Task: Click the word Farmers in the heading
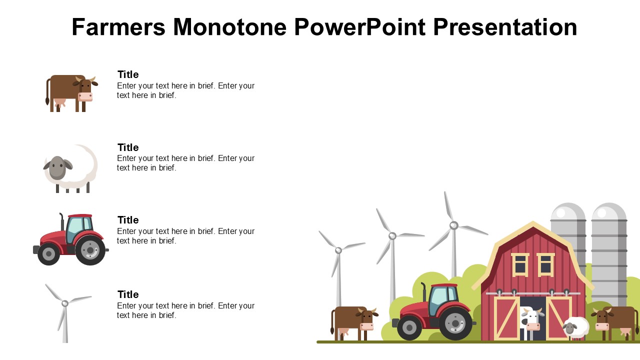[118, 27]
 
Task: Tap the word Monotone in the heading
[230, 27]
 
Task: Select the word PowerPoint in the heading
[359, 27]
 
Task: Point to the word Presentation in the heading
[505, 27]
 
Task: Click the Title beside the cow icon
[128, 74]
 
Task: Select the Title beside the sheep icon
[128, 147]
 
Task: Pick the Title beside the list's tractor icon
[128, 220]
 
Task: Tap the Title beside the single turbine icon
[128, 294]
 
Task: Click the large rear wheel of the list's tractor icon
[90, 250]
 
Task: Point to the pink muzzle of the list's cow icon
[85, 97]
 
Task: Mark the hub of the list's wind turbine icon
[65, 303]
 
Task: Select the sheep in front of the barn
[575, 327]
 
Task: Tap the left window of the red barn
[520, 264]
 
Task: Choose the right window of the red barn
[545, 264]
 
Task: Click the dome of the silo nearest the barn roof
[568, 211]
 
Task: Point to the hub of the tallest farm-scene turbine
[453, 225]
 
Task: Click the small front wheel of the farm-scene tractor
[409, 327]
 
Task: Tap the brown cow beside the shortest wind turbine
[354, 323]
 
